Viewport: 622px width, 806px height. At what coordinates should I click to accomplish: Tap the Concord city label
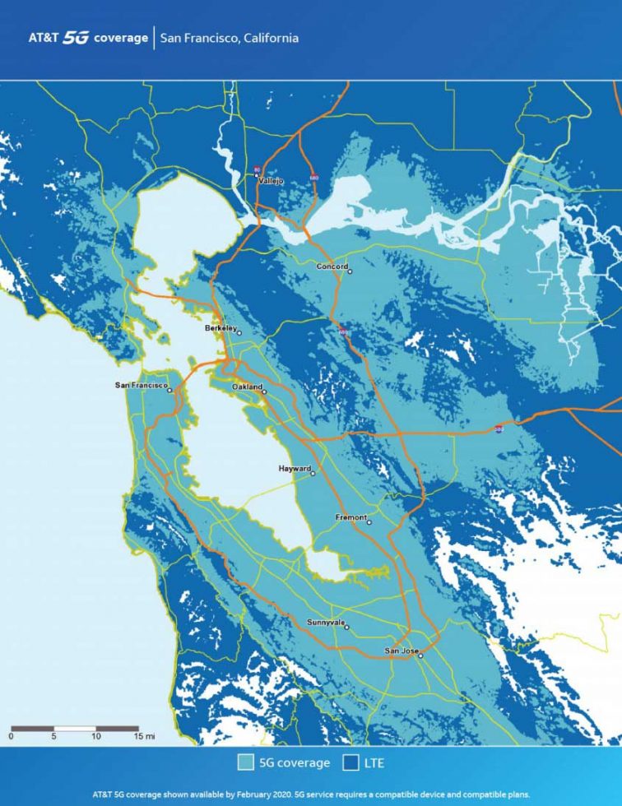332,266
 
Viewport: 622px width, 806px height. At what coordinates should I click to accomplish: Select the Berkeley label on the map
220,327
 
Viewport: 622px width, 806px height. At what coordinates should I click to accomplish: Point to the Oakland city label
247,387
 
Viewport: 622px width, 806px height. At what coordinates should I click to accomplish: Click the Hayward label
295,468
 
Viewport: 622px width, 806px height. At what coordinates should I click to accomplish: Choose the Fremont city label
351,517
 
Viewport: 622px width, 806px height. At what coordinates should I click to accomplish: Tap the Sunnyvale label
325,623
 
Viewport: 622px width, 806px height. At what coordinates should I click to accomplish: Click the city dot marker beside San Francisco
170,391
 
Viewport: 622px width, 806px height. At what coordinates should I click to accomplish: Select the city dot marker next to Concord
350,271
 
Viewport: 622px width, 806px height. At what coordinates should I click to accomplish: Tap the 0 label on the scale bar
11,737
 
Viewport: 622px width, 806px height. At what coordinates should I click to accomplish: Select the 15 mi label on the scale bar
143,737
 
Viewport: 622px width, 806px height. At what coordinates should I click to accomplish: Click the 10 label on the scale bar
96,737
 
